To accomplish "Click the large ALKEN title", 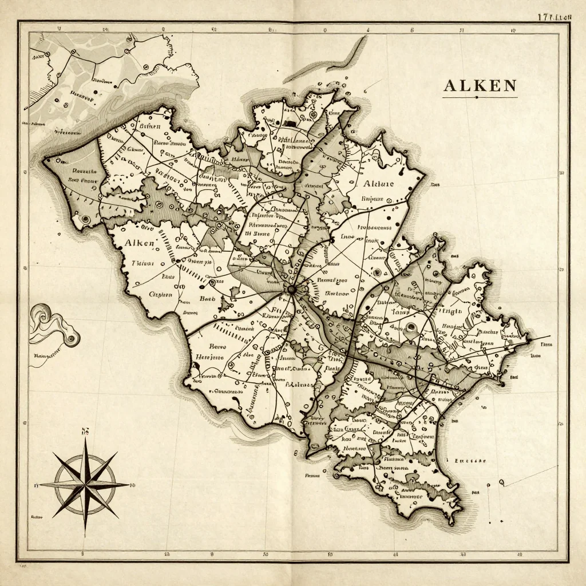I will (x=480, y=86).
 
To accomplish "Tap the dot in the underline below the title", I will (x=477, y=97).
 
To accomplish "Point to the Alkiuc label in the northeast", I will (x=378, y=184).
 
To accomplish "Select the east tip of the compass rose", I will (x=129, y=485).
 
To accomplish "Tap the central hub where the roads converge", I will (x=291, y=290).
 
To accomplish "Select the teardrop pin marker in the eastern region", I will (x=410, y=328).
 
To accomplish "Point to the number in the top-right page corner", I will (x=554, y=17).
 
